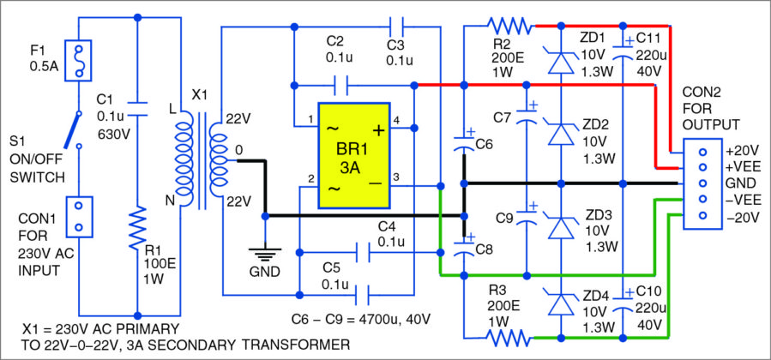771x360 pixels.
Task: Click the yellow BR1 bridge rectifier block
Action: coord(353,156)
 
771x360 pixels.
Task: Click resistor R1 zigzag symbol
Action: coord(137,231)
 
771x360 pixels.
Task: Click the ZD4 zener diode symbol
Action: coord(559,304)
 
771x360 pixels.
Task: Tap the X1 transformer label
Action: coord(198,95)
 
